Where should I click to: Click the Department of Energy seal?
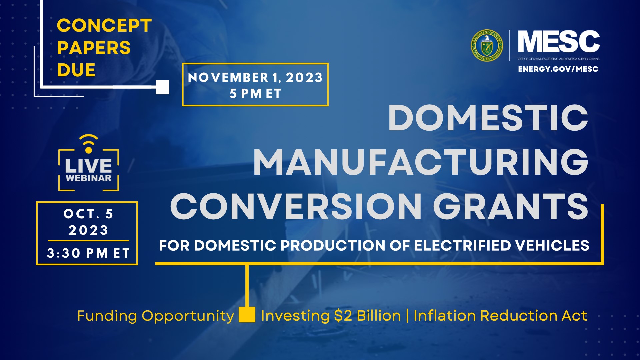(x=487, y=46)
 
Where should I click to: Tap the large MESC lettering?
(x=559, y=41)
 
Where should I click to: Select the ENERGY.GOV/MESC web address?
(x=558, y=69)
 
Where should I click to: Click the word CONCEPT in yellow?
(x=104, y=26)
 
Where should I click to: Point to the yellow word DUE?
(x=76, y=70)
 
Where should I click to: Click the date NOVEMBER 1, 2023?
(x=255, y=78)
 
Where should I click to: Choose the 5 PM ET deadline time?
(x=255, y=94)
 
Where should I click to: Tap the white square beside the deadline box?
(x=163, y=87)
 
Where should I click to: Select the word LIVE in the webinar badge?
(x=88, y=166)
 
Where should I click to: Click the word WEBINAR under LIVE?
(x=88, y=178)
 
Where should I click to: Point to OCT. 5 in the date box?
(x=88, y=214)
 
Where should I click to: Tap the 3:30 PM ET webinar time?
(x=88, y=253)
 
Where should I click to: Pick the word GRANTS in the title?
(x=511, y=206)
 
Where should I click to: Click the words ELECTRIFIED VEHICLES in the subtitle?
(x=502, y=246)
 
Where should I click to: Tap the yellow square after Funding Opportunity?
(x=247, y=315)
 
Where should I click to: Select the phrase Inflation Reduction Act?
(x=500, y=316)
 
